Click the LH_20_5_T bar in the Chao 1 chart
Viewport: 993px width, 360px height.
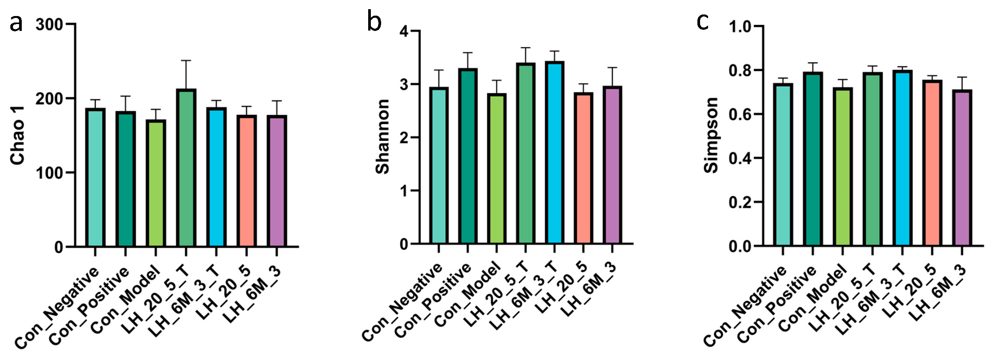coord(186,168)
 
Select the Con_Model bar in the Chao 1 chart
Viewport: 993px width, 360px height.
coord(156,183)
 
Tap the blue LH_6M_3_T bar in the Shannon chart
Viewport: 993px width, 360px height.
coord(554,152)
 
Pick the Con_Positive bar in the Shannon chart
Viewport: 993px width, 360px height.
coord(467,156)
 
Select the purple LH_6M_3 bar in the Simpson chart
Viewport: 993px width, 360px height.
coord(962,168)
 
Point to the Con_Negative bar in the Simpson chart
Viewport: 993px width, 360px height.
coord(783,165)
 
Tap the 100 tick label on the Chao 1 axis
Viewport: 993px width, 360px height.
coord(49,173)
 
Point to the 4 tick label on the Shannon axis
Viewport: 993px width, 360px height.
coord(404,31)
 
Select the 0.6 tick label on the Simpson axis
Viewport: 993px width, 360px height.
coord(741,115)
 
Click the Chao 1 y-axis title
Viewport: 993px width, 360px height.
coord(18,136)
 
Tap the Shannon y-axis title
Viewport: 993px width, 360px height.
coord(382,136)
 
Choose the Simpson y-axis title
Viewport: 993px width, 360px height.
coord(711,135)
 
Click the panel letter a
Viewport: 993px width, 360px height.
coord(16,23)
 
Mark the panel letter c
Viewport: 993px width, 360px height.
coord(702,22)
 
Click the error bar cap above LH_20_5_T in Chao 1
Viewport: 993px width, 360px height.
coord(186,61)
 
